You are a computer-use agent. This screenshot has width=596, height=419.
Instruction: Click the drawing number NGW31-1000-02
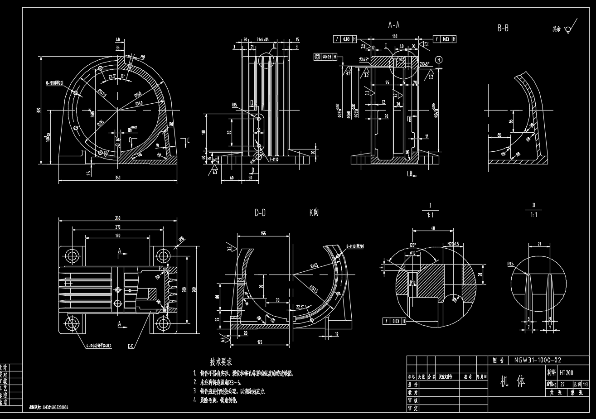click(538, 361)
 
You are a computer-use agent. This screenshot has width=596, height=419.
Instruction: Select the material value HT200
click(566, 373)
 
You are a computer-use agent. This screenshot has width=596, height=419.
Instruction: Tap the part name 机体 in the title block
click(512, 381)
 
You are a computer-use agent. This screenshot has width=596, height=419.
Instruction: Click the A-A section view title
click(393, 25)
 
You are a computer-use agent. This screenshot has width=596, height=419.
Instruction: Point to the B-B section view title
click(503, 29)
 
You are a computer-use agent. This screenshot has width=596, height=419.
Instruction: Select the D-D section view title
click(260, 212)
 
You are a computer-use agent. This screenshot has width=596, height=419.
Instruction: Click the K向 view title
click(314, 212)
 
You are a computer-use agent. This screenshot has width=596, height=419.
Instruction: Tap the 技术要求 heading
click(221, 362)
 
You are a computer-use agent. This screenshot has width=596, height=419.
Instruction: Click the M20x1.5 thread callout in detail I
click(453, 244)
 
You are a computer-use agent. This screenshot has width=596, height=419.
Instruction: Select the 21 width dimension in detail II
click(539, 244)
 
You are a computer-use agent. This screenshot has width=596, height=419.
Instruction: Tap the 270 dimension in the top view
click(118, 227)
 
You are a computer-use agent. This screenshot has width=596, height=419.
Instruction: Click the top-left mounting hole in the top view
click(72, 256)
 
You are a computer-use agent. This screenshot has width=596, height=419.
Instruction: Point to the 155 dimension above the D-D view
click(263, 233)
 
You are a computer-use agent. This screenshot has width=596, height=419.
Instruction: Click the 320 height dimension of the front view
click(39, 110)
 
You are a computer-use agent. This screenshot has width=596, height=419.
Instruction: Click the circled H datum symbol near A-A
click(438, 60)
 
